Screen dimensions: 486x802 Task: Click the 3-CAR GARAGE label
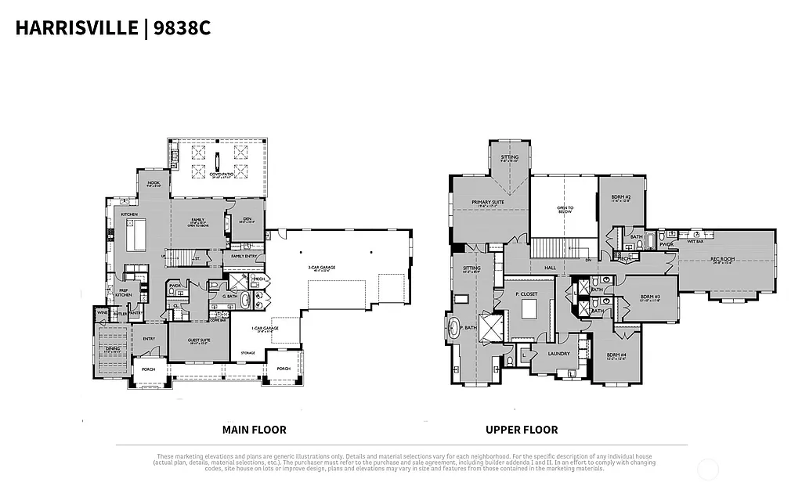tap(321, 268)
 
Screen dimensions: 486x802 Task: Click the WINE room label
tap(102, 312)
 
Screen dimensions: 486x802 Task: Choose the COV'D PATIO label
tap(219, 175)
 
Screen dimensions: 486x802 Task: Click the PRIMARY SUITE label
tap(487, 202)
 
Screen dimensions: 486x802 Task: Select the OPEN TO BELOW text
tap(565, 209)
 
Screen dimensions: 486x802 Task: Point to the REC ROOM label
tap(721, 260)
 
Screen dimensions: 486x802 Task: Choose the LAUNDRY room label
tap(558, 353)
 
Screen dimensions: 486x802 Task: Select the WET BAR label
tap(694, 242)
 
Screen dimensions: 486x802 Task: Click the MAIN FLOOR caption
tap(254, 430)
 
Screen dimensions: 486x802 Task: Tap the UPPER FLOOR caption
tap(522, 430)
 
